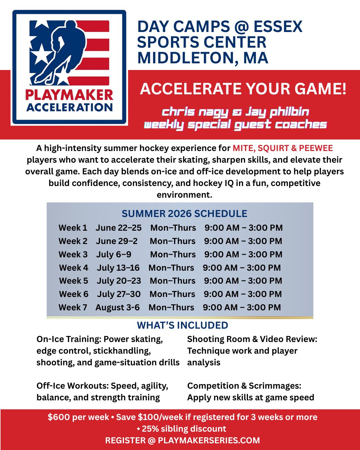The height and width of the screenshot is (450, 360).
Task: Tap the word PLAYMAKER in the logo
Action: (x=69, y=95)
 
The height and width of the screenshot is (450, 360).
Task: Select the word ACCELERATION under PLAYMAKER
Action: (x=69, y=107)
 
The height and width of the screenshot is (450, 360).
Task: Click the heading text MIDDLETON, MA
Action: (x=202, y=58)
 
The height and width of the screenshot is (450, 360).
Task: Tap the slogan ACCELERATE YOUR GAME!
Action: (x=243, y=89)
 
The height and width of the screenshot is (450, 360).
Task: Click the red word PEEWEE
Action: (x=316, y=148)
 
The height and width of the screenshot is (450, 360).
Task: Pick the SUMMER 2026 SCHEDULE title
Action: (x=184, y=213)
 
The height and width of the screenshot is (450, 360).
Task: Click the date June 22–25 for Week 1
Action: (x=119, y=228)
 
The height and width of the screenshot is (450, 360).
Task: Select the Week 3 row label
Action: (x=73, y=254)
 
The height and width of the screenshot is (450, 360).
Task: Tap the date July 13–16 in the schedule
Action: (x=118, y=268)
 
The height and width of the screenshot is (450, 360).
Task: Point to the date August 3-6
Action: (x=118, y=308)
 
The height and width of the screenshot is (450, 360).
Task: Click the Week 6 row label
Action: (x=74, y=294)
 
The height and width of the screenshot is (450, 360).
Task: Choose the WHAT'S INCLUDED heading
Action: (x=182, y=325)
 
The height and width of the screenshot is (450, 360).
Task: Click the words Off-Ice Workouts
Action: (x=72, y=386)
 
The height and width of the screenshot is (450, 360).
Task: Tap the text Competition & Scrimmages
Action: (x=244, y=386)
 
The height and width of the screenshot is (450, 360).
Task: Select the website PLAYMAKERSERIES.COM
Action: (x=209, y=440)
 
